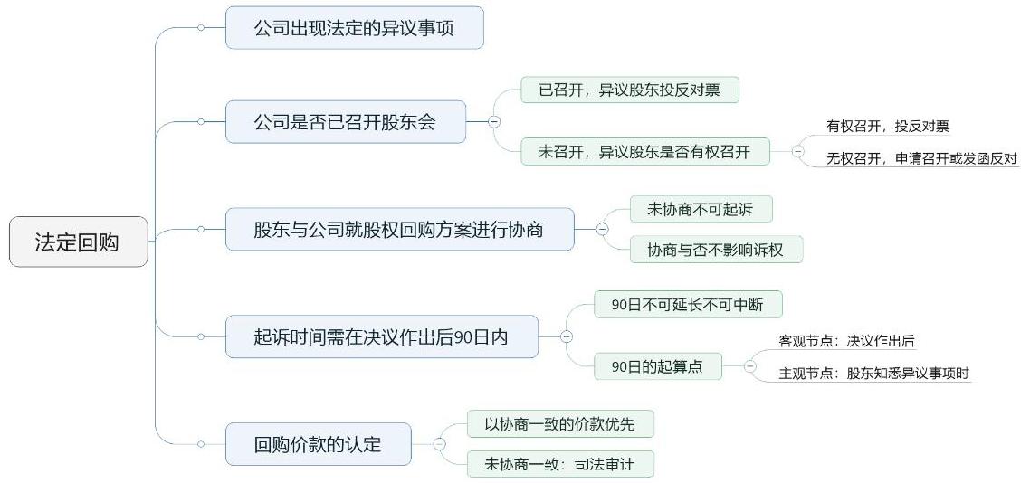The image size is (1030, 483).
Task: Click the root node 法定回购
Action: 78,241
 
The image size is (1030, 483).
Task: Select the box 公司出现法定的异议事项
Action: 354,28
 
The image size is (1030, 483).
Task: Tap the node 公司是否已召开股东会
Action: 345,121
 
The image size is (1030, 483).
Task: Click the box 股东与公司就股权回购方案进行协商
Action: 399,230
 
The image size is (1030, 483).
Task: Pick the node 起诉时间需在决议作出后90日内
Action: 381,336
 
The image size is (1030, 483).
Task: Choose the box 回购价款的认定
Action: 318,444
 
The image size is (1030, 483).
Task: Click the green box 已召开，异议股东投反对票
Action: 630,90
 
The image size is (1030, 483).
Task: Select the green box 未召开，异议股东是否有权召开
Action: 644,152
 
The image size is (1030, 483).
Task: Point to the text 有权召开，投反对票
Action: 887,127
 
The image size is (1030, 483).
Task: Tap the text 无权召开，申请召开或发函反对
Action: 921,158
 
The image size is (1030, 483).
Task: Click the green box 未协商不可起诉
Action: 701,210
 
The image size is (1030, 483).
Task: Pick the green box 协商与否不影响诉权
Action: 716,250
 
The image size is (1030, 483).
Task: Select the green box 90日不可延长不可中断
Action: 688,304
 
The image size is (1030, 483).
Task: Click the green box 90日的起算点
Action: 657,366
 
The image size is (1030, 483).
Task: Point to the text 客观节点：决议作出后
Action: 846,341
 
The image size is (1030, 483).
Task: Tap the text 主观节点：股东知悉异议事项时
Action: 874,373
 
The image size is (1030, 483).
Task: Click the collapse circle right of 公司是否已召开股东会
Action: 494,121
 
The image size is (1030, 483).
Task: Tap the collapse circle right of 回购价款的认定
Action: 439,444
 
